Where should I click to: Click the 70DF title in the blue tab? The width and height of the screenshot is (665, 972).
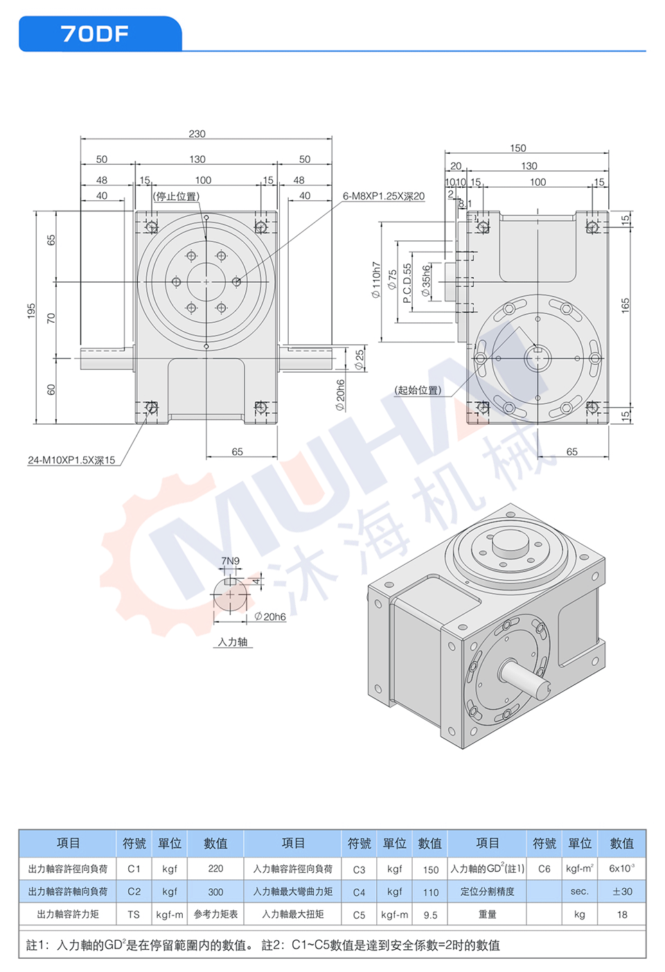[x=95, y=34]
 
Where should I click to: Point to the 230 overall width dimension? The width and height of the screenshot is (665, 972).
[x=197, y=134]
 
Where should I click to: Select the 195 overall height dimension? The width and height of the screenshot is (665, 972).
[x=31, y=311]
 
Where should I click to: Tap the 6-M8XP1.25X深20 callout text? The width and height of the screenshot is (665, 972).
[x=384, y=196]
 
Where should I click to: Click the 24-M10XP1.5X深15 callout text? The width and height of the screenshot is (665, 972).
[x=71, y=460]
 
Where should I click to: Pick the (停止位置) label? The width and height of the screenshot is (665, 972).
[x=176, y=197]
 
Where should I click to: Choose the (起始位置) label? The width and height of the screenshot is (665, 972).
[x=418, y=390]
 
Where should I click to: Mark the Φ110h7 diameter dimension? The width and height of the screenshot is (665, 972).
[x=375, y=280]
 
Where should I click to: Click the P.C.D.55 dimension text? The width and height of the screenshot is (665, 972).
[x=407, y=283]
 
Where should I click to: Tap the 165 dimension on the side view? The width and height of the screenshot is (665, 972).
[x=625, y=306]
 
